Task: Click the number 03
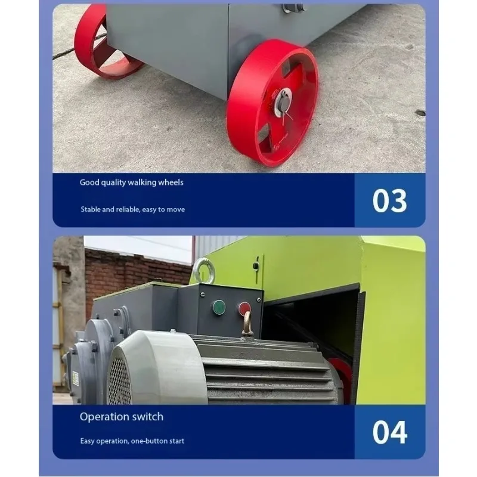point(390,200)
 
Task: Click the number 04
point(390,432)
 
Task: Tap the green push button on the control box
point(219,307)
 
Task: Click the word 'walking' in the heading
point(142,182)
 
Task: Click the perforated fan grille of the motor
point(120,381)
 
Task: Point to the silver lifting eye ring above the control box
point(204,271)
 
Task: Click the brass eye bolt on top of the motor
point(247,324)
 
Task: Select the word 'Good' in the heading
point(89,182)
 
